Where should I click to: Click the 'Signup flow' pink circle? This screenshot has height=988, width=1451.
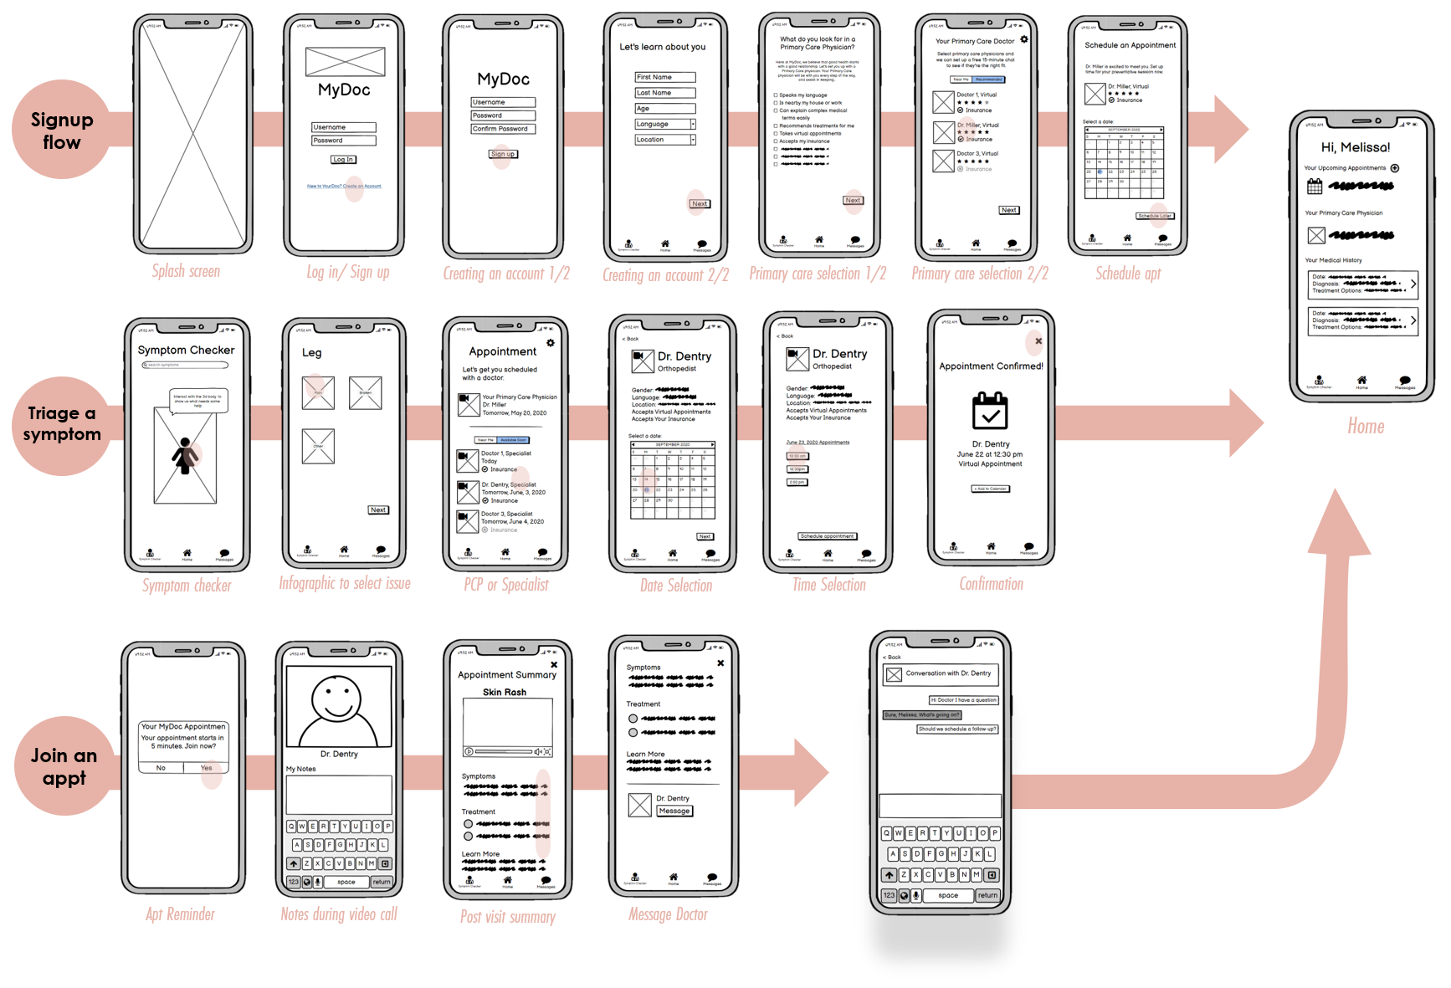(x=62, y=131)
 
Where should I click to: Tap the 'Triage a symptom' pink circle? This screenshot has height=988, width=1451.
(x=62, y=423)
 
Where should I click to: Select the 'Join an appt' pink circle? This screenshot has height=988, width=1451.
(x=64, y=766)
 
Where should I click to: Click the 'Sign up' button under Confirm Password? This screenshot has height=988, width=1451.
(x=503, y=154)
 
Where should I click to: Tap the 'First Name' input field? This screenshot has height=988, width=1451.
(x=665, y=77)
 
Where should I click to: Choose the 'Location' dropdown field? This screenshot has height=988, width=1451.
(x=665, y=140)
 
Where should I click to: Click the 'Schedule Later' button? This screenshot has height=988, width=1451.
(x=1155, y=216)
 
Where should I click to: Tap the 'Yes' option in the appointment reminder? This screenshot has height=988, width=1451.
(x=206, y=768)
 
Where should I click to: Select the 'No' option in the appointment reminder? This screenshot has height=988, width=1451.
(x=161, y=768)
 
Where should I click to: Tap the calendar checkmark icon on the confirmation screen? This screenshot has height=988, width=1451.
(x=990, y=412)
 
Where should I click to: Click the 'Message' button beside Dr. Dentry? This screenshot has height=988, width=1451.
(x=674, y=811)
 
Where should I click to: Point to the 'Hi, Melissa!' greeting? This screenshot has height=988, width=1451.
(x=1356, y=147)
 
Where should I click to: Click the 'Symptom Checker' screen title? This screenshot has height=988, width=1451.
(x=186, y=350)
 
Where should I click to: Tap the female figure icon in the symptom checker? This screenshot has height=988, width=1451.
(x=183, y=457)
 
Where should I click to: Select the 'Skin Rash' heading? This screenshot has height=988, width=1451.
(x=505, y=692)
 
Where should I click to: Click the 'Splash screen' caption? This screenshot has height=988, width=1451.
(x=187, y=271)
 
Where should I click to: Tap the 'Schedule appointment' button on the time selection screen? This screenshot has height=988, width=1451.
(x=827, y=536)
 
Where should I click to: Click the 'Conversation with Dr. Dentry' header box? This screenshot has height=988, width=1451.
(x=940, y=673)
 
